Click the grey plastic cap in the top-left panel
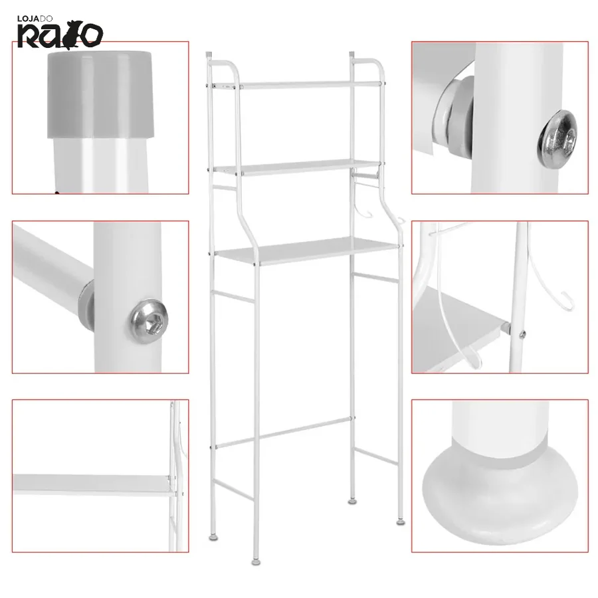(100, 94)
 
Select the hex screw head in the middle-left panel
(149, 321)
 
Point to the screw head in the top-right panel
(557, 138)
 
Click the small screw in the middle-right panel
(522, 335)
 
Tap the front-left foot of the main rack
(256, 561)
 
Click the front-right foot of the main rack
(401, 521)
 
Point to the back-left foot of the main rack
(213, 537)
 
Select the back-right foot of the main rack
(352, 501)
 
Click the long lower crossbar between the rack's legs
(285, 432)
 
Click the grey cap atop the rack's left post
(209, 55)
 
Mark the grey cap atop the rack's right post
(352, 54)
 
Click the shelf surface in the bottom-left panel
(92, 484)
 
